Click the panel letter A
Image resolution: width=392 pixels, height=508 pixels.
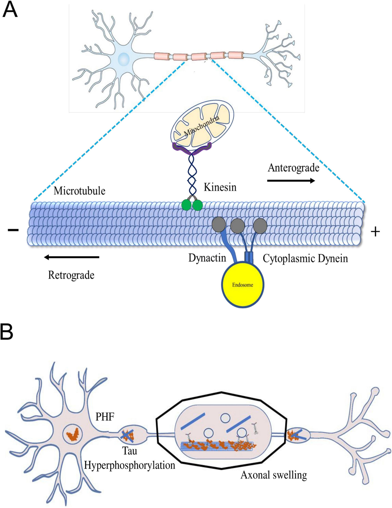pyautogui.click(x=10, y=9)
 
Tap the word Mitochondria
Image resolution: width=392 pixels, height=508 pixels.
pyautogui.click(x=202, y=126)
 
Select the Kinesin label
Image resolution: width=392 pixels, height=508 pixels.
pyautogui.click(x=220, y=187)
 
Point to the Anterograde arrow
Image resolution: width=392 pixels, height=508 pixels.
pyautogui.click(x=291, y=181)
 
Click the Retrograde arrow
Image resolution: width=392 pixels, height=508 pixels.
pyautogui.click(x=72, y=257)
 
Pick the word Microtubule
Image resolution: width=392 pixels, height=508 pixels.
pyautogui.click(x=79, y=191)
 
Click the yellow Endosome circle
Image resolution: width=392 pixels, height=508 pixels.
pyautogui.click(x=243, y=285)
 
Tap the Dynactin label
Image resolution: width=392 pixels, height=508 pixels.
pyautogui.click(x=207, y=258)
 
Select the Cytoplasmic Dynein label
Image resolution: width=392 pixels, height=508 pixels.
pyautogui.click(x=305, y=259)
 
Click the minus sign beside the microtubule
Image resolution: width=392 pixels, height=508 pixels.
pyautogui.click(x=13, y=230)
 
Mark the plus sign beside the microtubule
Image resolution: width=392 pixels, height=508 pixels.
pyautogui.click(x=375, y=232)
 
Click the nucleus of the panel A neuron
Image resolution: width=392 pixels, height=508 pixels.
pyautogui.click(x=123, y=59)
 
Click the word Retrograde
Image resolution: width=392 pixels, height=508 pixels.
pyautogui.click(x=71, y=275)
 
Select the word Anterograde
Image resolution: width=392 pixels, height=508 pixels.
pyautogui.click(x=293, y=168)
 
